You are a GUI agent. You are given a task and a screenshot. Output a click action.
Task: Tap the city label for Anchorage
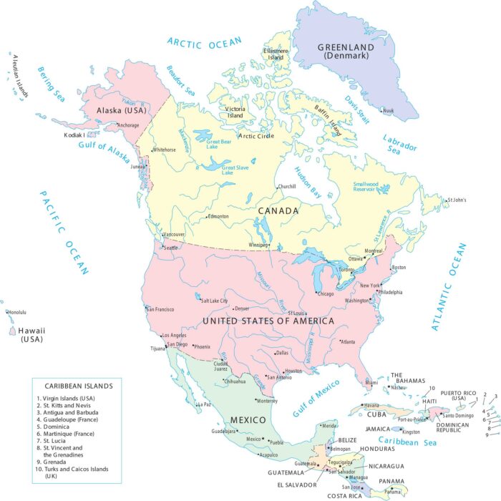point(128,125)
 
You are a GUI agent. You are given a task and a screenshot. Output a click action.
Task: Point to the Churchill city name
point(286,187)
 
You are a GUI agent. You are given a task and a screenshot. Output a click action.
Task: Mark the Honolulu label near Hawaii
point(16,312)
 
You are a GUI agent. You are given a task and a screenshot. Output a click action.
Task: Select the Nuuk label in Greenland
point(388,110)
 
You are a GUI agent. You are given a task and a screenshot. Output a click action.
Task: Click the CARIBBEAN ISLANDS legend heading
point(79,385)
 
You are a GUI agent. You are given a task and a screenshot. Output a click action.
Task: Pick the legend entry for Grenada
point(57,462)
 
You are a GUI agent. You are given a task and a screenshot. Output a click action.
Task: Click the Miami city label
point(371,383)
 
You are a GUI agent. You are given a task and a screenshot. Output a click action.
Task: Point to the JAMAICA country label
point(379,429)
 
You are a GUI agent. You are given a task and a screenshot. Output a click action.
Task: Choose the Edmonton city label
point(218,216)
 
